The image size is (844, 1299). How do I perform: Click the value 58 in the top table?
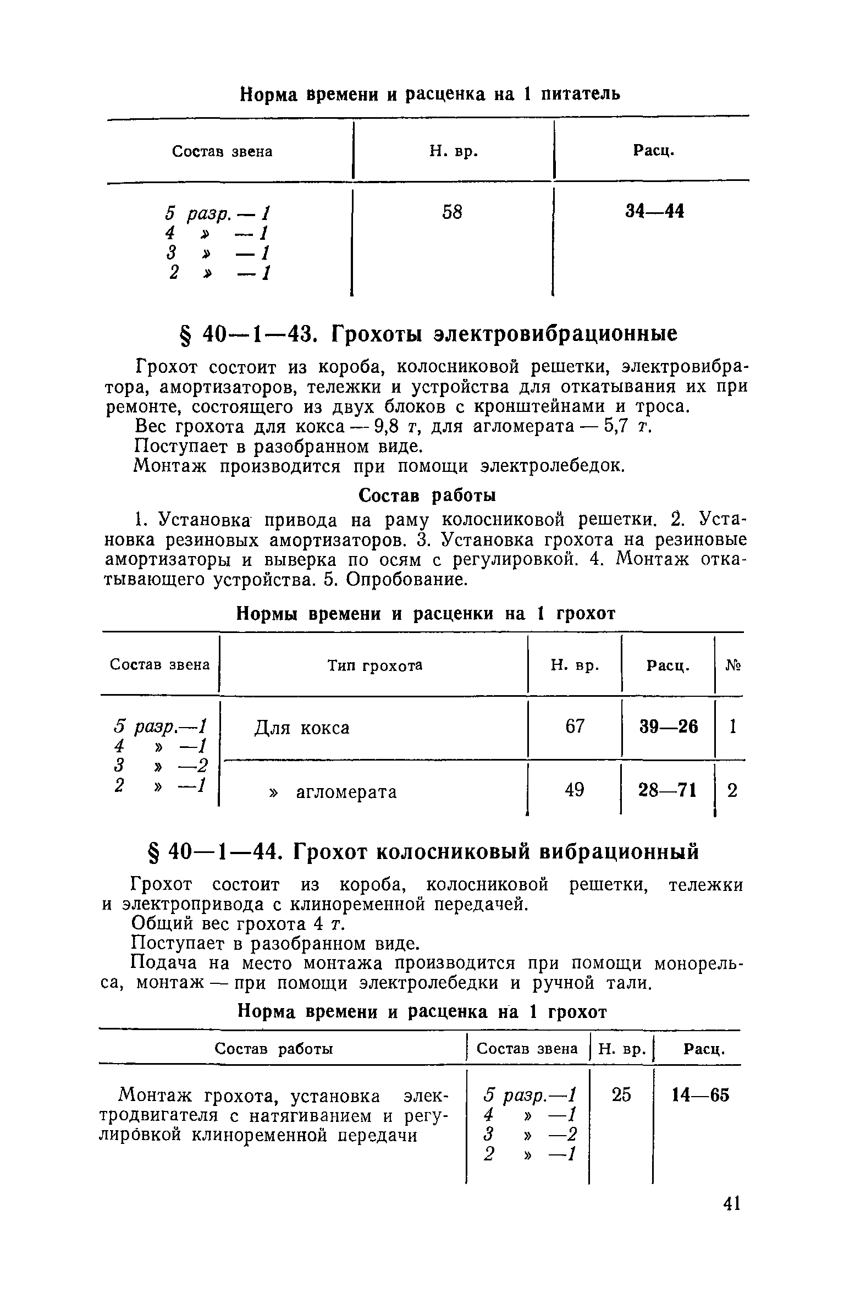point(452,212)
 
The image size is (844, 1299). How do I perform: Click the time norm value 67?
point(575,727)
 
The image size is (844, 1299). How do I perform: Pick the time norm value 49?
point(575,791)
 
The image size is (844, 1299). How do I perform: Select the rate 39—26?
point(668,727)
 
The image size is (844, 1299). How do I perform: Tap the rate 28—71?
point(668,791)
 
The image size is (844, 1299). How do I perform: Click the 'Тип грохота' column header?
point(375,666)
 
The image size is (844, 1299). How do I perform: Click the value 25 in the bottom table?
point(621,1096)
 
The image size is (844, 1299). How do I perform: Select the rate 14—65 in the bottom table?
point(701,1096)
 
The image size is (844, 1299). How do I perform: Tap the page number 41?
point(731,1204)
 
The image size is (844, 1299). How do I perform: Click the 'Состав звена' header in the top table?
point(222,152)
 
